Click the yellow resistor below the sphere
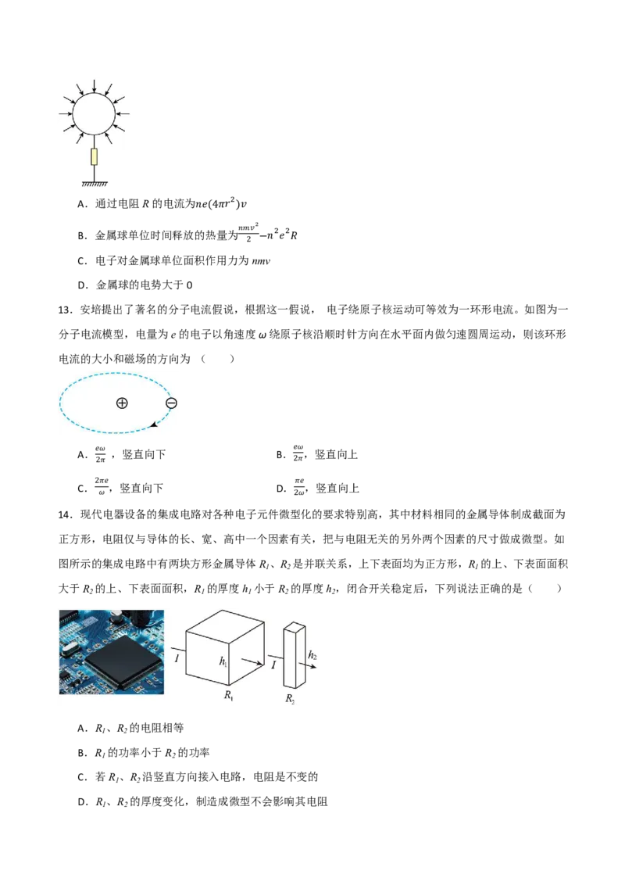(95, 157)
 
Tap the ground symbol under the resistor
(95, 184)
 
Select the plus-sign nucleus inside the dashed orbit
(122, 403)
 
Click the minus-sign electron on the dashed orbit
(171, 403)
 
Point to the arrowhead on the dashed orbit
(153, 425)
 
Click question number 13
(66, 310)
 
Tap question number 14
(66, 514)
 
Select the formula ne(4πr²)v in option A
(220, 203)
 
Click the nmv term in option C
(261, 261)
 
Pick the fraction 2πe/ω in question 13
(102, 486)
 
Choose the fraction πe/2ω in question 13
(299, 486)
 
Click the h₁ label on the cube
(223, 661)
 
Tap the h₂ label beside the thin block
(312, 655)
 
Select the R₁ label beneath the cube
(228, 695)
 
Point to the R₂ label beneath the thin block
(289, 698)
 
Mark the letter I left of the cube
(177, 658)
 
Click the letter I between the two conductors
(273, 665)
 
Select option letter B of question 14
(82, 752)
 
